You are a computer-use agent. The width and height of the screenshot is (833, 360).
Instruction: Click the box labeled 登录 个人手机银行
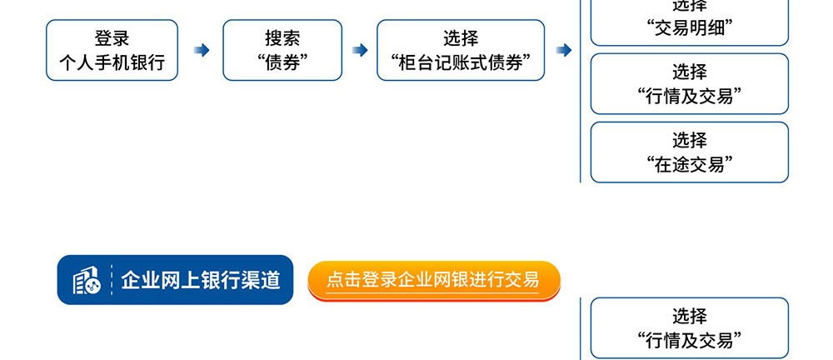click(112, 51)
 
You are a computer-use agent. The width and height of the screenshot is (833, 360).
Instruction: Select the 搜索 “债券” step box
click(282, 51)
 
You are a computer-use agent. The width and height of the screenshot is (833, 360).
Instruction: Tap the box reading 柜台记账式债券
click(461, 51)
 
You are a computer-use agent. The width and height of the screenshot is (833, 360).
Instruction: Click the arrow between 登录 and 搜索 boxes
click(202, 50)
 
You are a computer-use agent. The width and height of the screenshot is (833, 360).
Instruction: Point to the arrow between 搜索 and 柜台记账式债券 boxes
click(360, 50)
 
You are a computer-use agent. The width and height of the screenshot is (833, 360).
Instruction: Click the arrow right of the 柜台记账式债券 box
click(564, 50)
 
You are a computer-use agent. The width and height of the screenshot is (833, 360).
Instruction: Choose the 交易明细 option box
click(690, 22)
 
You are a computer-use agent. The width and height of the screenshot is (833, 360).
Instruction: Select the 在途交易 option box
click(690, 152)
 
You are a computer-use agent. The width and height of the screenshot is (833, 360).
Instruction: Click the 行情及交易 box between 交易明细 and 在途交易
click(690, 84)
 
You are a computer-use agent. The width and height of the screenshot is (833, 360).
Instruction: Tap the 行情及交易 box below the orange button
click(690, 328)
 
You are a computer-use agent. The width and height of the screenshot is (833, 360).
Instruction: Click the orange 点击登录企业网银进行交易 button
click(434, 280)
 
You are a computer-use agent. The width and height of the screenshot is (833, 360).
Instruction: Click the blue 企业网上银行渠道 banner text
click(201, 280)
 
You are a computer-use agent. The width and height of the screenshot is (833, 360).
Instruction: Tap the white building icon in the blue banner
click(86, 280)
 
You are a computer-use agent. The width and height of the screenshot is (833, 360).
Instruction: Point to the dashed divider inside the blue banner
click(112, 280)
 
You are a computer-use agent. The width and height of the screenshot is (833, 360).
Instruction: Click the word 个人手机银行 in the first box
click(112, 62)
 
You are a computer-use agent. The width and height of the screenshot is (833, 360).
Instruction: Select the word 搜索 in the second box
click(282, 37)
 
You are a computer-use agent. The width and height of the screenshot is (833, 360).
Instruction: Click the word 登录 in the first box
click(112, 37)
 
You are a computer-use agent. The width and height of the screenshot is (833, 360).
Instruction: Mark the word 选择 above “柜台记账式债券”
click(461, 37)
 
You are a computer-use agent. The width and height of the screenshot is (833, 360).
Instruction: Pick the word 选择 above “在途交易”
click(690, 140)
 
